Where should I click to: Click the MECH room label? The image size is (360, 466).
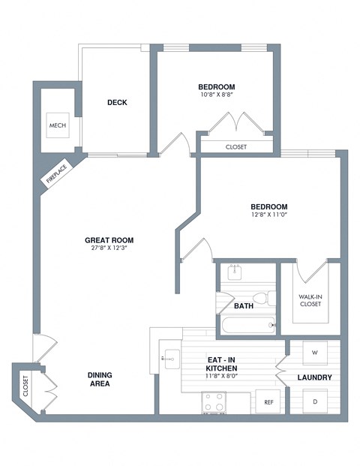[57, 125]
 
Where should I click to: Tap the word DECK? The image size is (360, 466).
[116, 103]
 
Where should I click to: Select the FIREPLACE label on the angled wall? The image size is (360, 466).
[55, 176]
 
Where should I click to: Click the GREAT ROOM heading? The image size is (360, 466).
[114, 240]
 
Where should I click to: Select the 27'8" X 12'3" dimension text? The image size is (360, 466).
[114, 249]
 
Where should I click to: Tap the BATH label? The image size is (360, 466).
[244, 306]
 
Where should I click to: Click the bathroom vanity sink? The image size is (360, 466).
[234, 271]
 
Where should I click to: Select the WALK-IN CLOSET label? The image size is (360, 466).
[310, 299]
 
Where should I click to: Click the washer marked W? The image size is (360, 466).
[313, 351]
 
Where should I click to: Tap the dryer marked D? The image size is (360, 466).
[313, 402]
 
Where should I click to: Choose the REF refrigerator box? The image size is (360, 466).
[268, 402]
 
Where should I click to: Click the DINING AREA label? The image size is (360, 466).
[99, 379]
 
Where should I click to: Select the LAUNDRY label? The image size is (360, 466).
[313, 377]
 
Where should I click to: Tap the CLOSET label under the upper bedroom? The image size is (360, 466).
[235, 147]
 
